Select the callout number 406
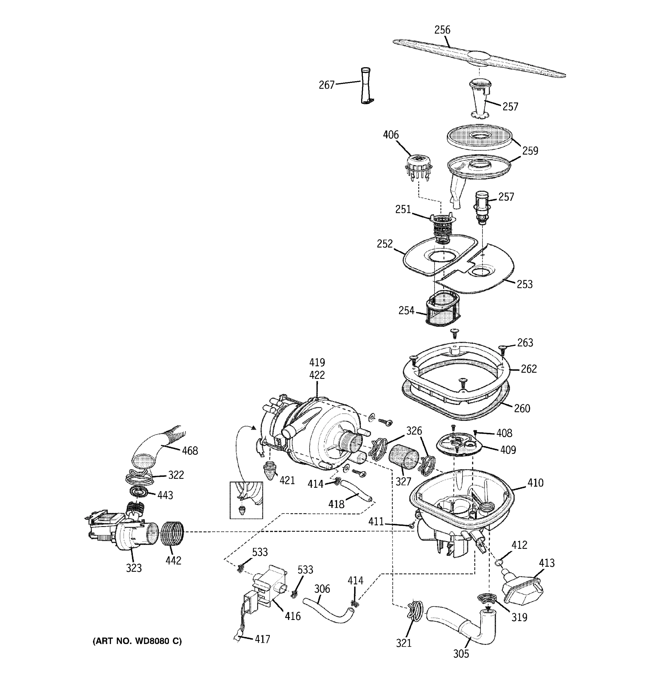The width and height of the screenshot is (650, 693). [391, 135]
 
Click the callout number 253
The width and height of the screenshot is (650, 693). [524, 284]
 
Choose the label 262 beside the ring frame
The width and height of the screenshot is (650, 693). [529, 369]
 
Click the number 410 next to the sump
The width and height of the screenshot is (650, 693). [535, 483]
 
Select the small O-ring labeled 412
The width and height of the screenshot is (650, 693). [498, 562]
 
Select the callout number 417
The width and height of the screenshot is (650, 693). [262, 639]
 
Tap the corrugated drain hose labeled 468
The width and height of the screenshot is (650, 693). [157, 448]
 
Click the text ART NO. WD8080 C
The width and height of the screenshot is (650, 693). [137, 641]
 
